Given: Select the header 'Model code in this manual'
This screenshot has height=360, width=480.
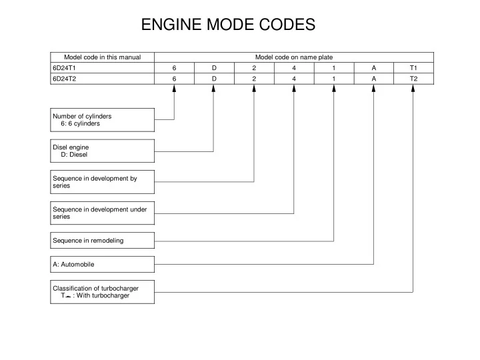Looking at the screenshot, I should (102, 57).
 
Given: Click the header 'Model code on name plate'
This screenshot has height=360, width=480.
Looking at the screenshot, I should (293, 57).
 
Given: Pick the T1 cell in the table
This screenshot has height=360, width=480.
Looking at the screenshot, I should (413, 67).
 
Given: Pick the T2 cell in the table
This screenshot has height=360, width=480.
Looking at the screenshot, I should (413, 78).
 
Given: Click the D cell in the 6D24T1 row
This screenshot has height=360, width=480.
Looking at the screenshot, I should (214, 67).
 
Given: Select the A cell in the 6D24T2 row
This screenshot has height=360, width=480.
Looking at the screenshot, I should (374, 78).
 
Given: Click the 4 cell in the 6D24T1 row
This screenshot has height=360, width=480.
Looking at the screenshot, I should (294, 67).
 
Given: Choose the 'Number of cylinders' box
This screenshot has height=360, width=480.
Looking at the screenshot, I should (103, 119).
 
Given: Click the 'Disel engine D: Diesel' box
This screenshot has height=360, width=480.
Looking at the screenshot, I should (103, 150).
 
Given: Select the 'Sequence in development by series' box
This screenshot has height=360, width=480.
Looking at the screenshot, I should (103, 181).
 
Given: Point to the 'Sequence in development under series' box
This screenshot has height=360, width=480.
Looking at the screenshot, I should (103, 213).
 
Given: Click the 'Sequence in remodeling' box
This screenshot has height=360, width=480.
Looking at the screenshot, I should (103, 240).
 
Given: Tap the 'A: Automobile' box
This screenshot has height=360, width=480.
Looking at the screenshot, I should (103, 264).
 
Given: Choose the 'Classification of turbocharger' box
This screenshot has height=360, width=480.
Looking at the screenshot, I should (103, 292).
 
